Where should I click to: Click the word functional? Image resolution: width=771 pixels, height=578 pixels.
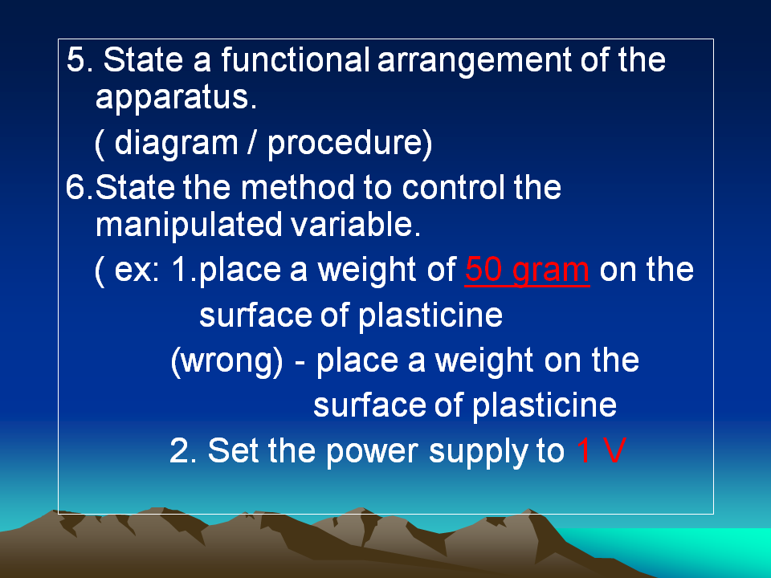(x=295, y=59)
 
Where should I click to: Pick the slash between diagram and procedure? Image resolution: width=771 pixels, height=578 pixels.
(x=252, y=143)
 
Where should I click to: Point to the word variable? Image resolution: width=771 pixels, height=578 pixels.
(x=355, y=225)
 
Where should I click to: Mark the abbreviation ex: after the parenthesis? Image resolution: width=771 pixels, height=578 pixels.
(x=137, y=271)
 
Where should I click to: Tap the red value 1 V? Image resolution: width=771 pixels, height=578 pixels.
(x=601, y=450)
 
